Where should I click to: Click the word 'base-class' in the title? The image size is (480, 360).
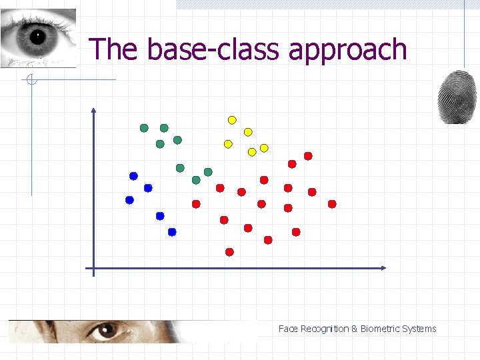click(214, 49)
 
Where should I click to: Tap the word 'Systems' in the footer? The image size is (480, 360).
click(419, 329)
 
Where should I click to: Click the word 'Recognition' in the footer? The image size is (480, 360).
click(325, 329)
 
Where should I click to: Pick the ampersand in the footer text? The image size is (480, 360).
click(355, 329)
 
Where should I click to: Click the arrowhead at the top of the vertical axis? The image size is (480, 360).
click(93, 111)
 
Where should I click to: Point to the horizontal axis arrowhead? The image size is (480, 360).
click(383, 268)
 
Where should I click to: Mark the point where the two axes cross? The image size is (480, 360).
click(93, 268)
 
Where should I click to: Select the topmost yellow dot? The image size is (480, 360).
click(232, 120)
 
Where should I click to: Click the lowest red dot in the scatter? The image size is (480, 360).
click(229, 252)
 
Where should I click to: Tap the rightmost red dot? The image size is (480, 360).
click(332, 204)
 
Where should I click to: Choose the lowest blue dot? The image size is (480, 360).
click(172, 232)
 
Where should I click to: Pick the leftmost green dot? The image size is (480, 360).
click(144, 128)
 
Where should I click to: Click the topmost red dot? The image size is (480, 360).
click(308, 156)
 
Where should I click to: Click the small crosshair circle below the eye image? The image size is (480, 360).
click(31, 81)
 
